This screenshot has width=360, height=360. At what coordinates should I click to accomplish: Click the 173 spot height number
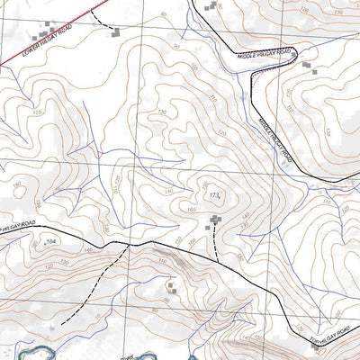click(213, 194)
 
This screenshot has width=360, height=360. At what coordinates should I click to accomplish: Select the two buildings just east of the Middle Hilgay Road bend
click(310, 67)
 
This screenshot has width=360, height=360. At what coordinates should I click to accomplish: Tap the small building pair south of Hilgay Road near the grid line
click(173, 288)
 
